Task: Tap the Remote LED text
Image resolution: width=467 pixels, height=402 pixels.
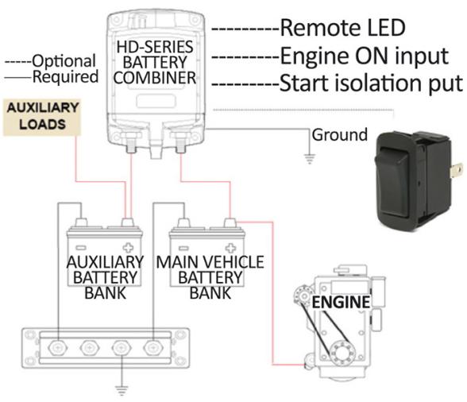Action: pos(342,29)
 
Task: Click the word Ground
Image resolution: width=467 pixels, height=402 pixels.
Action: pos(339,134)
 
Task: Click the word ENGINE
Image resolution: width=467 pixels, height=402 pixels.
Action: pos(340,302)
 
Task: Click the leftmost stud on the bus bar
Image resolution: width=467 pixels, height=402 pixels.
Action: pos(58,346)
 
